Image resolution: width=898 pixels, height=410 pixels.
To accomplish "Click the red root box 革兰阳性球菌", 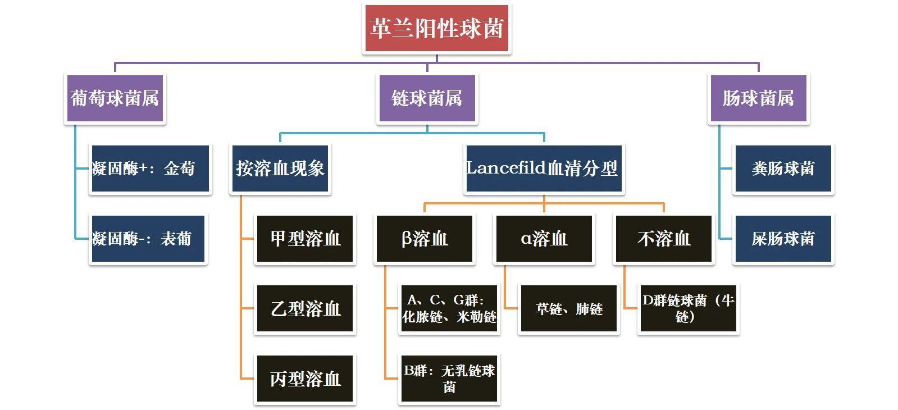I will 436,29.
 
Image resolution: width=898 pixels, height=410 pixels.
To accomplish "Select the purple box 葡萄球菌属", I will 115,99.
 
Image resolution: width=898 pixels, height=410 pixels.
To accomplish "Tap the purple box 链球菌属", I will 427,99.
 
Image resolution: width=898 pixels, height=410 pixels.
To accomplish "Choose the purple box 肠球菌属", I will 758,99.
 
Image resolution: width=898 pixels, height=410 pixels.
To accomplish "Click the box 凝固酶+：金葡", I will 150,168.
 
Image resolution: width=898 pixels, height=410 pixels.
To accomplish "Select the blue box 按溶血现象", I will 280,168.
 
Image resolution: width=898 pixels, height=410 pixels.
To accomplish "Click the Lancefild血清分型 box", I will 544,168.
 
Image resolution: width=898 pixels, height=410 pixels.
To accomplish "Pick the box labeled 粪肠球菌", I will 783,168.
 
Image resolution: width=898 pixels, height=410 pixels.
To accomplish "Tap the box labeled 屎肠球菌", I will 783,239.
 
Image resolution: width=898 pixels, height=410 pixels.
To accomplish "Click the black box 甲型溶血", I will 305,239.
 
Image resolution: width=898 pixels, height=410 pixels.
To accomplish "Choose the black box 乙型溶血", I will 305,309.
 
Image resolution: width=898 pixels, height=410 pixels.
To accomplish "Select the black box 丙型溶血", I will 305,379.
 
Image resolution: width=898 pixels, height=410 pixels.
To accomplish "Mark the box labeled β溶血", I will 425,239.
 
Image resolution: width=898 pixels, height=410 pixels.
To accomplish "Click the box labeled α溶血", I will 544,239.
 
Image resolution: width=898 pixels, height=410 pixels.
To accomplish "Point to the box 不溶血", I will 664,239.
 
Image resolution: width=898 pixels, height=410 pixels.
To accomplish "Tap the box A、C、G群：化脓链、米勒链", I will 449,309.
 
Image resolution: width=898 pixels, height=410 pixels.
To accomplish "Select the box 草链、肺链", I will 568,309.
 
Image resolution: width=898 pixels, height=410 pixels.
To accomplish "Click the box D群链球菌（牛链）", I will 688,309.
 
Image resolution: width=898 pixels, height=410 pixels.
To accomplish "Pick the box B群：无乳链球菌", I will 449,379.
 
